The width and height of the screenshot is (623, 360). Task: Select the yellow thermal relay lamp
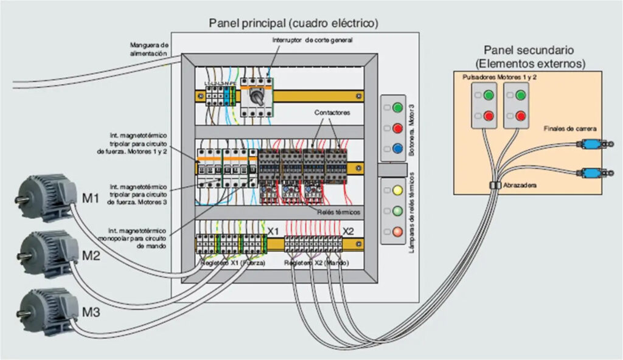(399, 190)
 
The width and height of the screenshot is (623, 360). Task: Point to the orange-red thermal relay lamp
(399, 231)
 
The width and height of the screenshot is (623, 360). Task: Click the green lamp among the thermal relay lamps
(399, 211)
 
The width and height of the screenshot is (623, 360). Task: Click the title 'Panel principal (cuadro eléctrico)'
(294, 24)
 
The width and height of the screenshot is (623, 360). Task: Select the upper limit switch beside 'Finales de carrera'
(588, 144)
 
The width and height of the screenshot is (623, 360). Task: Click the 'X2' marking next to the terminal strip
(348, 231)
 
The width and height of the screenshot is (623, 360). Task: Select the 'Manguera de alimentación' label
(148, 49)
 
